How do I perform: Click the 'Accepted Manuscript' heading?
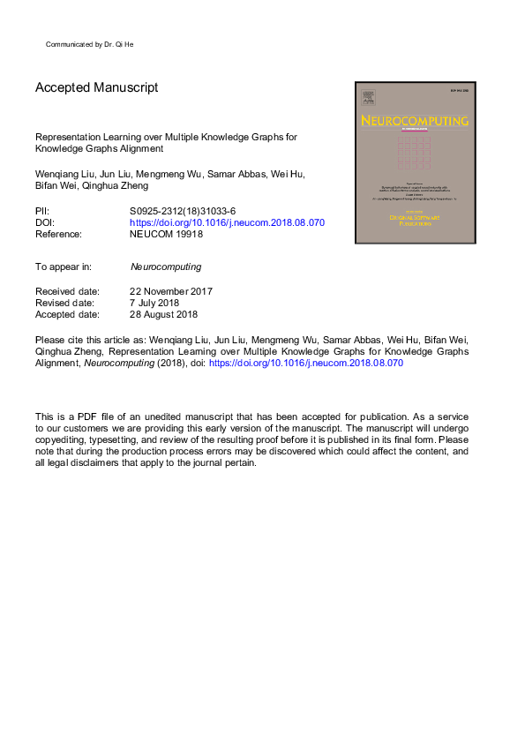(96, 88)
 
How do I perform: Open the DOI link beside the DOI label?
(227, 223)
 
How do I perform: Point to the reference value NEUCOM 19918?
(166, 235)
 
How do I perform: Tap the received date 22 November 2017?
(171, 291)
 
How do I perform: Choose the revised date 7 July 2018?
(155, 303)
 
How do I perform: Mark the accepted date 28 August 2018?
(163, 314)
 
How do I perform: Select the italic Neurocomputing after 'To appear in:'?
(165, 266)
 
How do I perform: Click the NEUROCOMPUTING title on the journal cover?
(414, 120)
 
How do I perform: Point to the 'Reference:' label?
(58, 235)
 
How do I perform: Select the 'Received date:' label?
(66, 291)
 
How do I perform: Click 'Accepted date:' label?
(66, 314)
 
